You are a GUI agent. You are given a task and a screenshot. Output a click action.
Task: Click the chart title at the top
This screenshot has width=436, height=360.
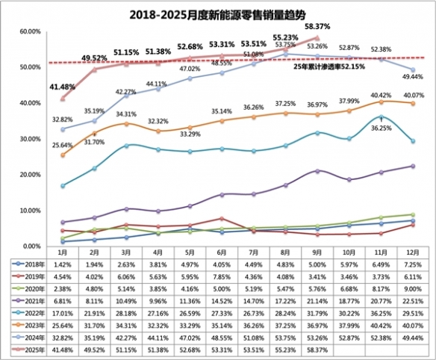click(219, 12)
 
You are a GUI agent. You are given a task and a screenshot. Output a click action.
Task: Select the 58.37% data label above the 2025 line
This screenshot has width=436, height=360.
click(318, 28)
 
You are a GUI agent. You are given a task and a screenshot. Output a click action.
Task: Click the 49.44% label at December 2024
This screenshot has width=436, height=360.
click(414, 77)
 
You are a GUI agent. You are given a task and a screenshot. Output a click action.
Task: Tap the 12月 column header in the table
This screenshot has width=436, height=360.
click(412, 254)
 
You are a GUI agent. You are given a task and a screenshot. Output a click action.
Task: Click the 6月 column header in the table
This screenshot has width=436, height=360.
click(219, 254)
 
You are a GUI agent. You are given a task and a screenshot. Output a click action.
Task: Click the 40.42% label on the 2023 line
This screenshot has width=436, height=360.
click(381, 95)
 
